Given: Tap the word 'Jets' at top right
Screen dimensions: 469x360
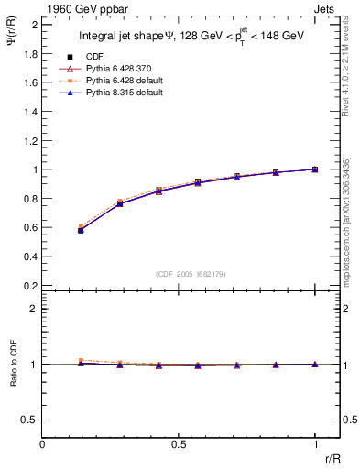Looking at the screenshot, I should pyautogui.click(x=327, y=8).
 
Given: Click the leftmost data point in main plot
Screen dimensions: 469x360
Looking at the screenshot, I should pyautogui.click(x=81, y=230).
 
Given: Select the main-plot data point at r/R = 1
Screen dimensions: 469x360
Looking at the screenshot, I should pyautogui.click(x=315, y=169).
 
